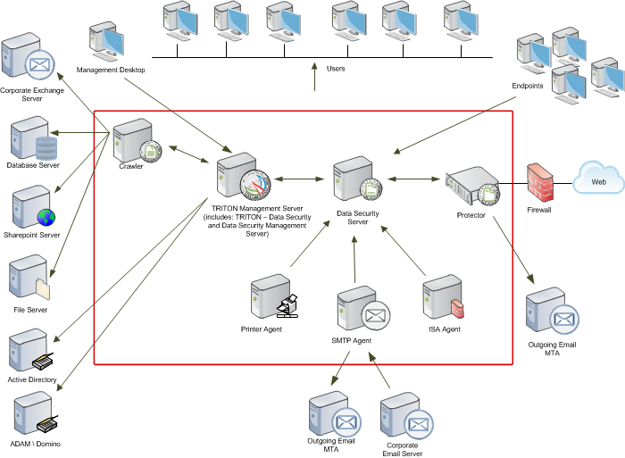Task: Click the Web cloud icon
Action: coord(598,178)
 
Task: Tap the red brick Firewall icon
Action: coord(539,182)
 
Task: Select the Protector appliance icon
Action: coord(472,187)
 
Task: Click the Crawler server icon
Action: coord(137,141)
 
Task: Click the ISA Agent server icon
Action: coord(444,296)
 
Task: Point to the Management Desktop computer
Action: coord(106,41)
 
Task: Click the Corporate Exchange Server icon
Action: coord(28,56)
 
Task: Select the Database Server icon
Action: coord(34,137)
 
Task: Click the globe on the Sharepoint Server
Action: coord(46,217)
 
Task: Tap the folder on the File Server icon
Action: coord(43,288)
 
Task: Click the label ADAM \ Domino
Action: coord(36,444)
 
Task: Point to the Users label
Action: coord(336,69)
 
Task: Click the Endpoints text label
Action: coord(528,86)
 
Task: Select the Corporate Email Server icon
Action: coord(406,416)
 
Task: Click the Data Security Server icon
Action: coord(357,179)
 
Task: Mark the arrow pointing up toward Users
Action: coord(314,77)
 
